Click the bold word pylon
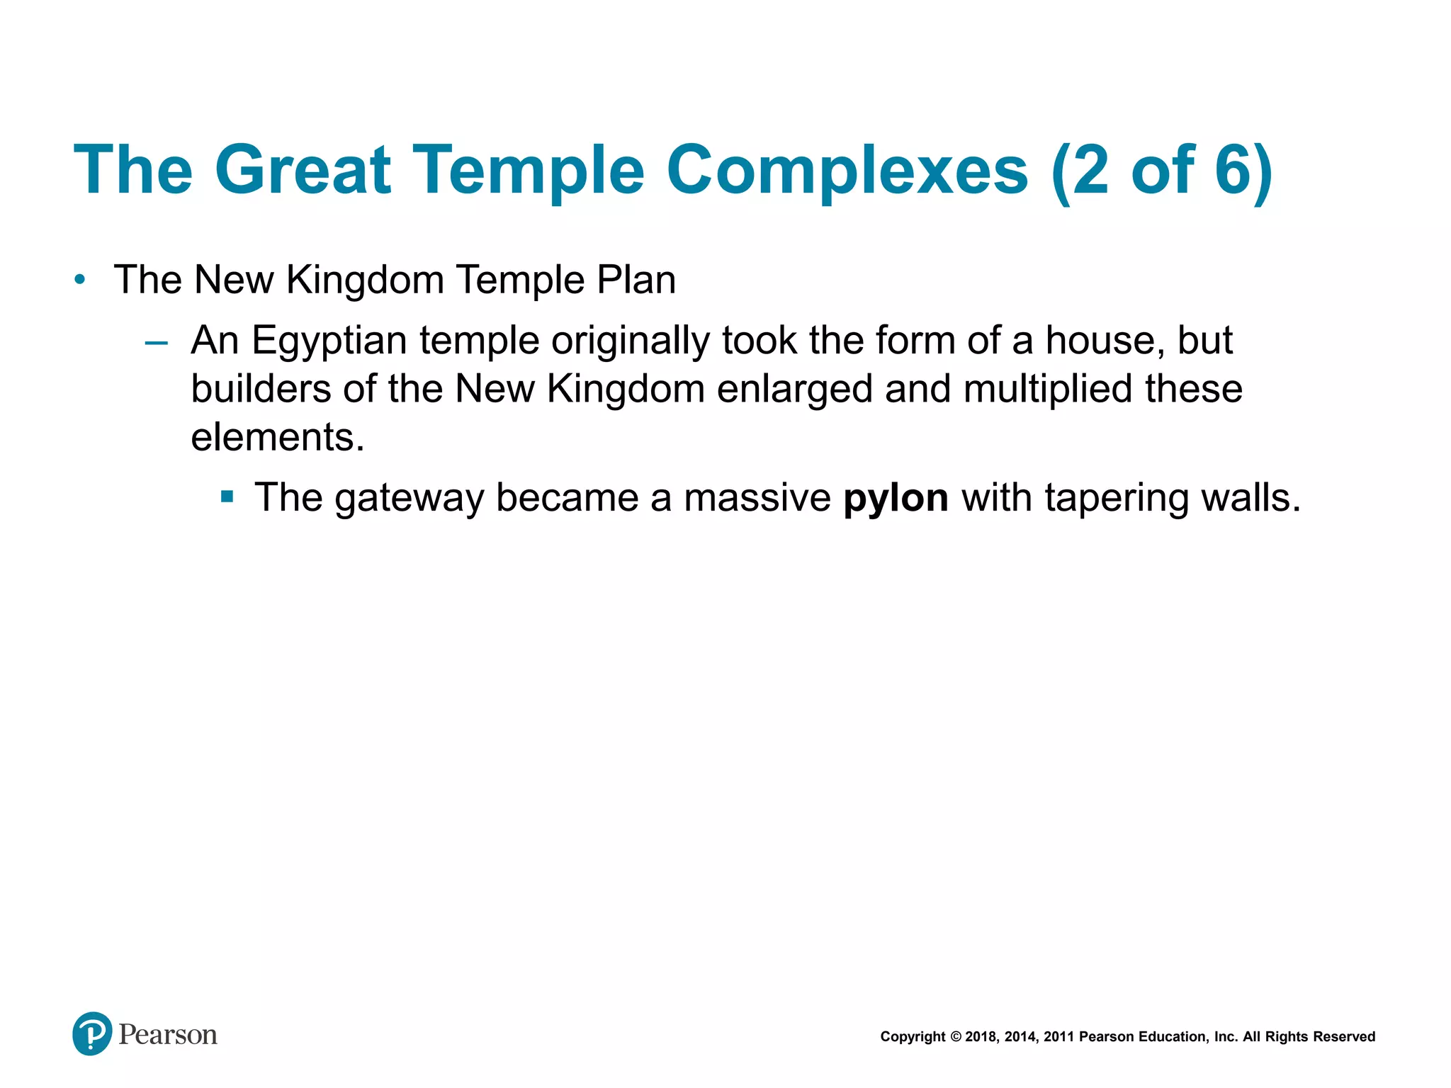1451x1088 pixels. point(896,498)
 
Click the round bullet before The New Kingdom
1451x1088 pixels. point(80,280)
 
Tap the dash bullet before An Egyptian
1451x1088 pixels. point(156,344)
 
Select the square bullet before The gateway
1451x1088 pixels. point(227,497)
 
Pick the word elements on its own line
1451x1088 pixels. point(276,437)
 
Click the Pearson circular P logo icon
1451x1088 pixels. point(92,1033)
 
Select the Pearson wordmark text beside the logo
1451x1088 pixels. point(168,1035)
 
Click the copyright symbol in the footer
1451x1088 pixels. point(956,1037)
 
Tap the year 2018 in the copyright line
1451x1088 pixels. point(981,1037)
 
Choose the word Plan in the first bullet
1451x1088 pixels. point(636,280)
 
